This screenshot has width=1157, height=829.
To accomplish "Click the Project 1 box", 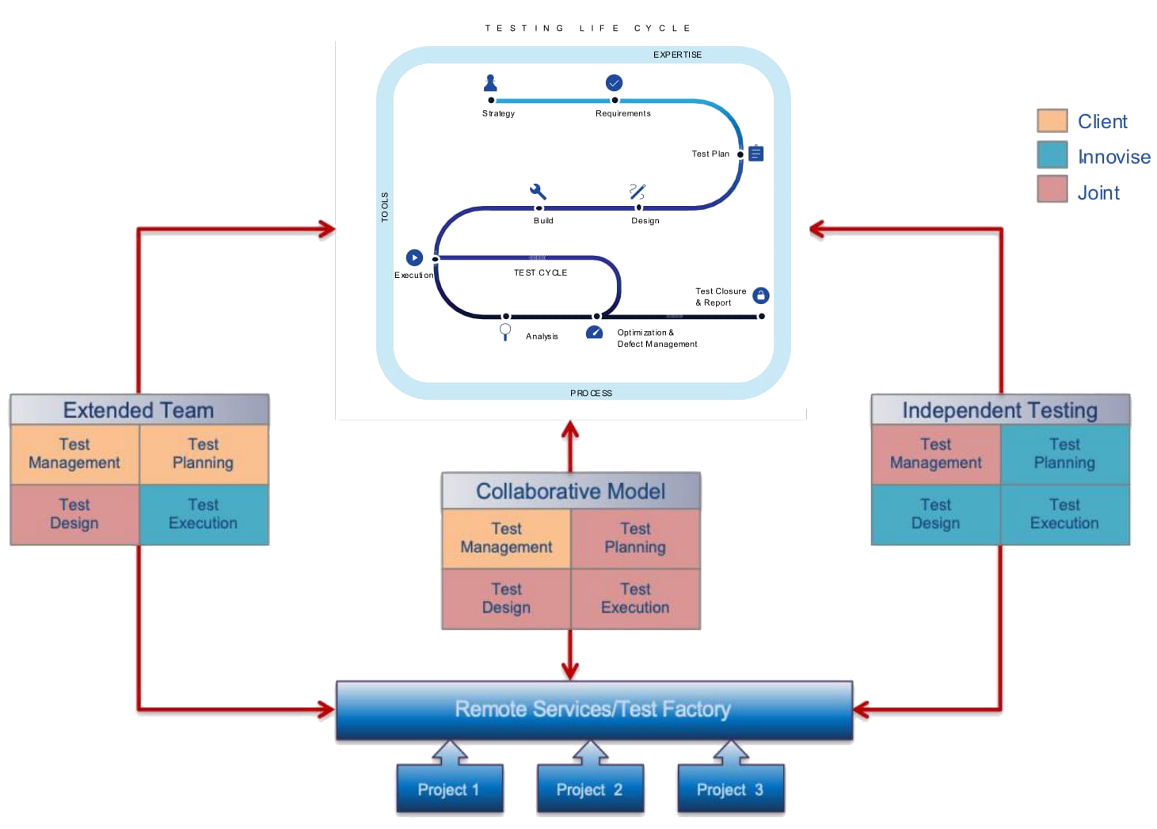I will pyautogui.click(x=449, y=789).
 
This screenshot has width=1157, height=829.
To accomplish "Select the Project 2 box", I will pyautogui.click(x=589, y=789).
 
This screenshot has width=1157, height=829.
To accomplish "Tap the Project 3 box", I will pyautogui.click(x=730, y=789).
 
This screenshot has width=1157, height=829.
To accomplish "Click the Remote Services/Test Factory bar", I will pyautogui.click(x=593, y=709).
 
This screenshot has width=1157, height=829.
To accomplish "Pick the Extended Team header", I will pyautogui.click(x=139, y=410).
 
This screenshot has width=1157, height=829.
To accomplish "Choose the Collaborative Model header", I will pyautogui.click(x=571, y=491).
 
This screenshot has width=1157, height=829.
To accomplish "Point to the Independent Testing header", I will pyautogui.click(x=1000, y=410).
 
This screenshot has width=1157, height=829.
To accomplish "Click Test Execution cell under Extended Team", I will pyautogui.click(x=204, y=514).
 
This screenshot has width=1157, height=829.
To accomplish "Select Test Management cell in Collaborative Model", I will pyautogui.click(x=506, y=538).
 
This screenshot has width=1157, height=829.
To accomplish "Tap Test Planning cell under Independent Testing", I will pyautogui.click(x=1065, y=454).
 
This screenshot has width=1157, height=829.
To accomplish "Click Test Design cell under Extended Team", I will pyautogui.click(x=74, y=514).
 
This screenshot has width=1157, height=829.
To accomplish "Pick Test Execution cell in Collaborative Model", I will pyautogui.click(x=635, y=598).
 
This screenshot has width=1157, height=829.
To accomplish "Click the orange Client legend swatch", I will pyautogui.click(x=1052, y=121).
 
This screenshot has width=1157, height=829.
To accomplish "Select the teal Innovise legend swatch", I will pyautogui.click(x=1052, y=156).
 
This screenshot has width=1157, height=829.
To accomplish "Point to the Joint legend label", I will pyautogui.click(x=1099, y=192).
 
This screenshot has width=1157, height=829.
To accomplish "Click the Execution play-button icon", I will pyautogui.click(x=414, y=257).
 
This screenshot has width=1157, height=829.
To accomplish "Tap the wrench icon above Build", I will pyautogui.click(x=539, y=192).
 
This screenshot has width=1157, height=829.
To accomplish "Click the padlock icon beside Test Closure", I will pyautogui.click(x=760, y=295).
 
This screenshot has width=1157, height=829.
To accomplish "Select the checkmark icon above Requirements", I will pyautogui.click(x=614, y=82).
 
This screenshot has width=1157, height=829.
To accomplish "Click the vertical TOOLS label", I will pyautogui.click(x=386, y=207).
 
